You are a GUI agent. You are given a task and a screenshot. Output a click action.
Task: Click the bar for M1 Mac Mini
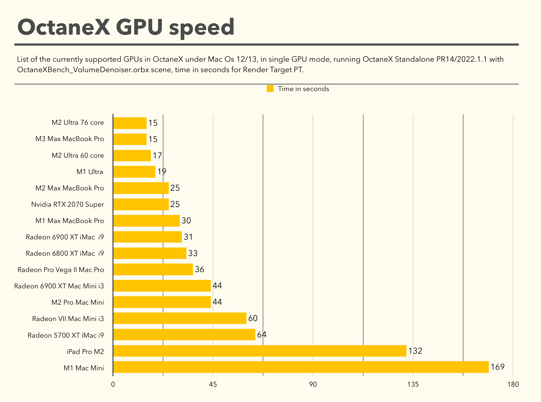[x=301, y=367]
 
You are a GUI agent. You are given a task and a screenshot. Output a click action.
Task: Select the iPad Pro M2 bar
[x=260, y=351]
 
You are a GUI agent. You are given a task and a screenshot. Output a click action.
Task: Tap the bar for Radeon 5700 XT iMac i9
[x=184, y=335]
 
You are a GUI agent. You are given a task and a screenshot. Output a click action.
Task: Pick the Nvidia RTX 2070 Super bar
[x=141, y=204]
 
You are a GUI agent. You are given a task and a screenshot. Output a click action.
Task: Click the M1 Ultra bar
[x=134, y=172]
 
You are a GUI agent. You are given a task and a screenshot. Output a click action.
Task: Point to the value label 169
[x=498, y=367]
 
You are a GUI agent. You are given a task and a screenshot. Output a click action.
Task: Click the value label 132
[x=415, y=351]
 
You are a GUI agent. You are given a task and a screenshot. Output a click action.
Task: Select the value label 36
[x=199, y=269]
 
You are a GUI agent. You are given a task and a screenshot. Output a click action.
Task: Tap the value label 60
[x=253, y=318]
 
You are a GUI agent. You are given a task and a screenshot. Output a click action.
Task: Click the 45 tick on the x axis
[x=213, y=384]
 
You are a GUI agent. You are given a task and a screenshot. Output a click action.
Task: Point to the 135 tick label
[x=413, y=384]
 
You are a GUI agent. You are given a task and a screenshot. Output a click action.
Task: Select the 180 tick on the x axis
[x=513, y=384]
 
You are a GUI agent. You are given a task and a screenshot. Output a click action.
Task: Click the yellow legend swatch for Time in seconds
[x=270, y=89]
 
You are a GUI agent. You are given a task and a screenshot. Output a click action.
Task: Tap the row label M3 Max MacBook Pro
[x=70, y=139]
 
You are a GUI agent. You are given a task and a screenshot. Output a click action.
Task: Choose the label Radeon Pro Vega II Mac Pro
[x=61, y=270]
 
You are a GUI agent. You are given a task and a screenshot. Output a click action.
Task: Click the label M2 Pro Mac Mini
[x=78, y=302]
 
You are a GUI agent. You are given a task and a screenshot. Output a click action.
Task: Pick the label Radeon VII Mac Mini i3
[x=68, y=319]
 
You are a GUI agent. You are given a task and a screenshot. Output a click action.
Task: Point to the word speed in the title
[x=201, y=27]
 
